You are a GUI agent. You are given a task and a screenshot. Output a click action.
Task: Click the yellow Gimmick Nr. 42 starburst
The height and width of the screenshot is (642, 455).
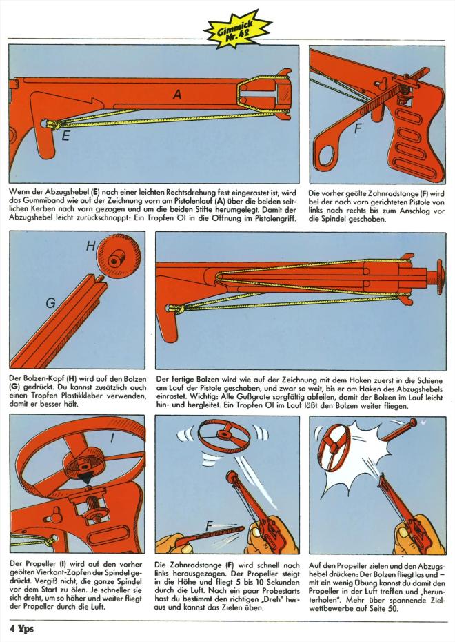(x=238, y=30)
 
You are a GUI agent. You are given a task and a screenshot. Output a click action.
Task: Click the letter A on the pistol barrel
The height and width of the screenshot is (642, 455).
(x=177, y=95)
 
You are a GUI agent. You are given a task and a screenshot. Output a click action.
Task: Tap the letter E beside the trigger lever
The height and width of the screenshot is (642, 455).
(x=65, y=135)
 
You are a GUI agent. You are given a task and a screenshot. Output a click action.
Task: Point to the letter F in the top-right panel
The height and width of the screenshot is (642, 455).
(x=358, y=129)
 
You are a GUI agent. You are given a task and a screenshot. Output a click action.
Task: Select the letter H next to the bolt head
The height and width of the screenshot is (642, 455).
(x=91, y=246)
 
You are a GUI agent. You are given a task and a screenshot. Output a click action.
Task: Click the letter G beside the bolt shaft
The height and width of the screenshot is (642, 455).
(x=51, y=303)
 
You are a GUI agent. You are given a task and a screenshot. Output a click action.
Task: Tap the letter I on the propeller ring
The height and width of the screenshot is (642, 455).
(x=112, y=438)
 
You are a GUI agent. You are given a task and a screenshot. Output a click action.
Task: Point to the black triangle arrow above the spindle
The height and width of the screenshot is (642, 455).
(x=87, y=478)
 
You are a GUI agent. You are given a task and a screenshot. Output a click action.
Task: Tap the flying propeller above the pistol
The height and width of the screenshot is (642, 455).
(x=223, y=436)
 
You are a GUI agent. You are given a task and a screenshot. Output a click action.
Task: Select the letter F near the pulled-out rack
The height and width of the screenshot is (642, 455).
(x=210, y=526)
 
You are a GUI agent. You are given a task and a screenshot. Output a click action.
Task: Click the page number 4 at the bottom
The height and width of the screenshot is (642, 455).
(x=12, y=628)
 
